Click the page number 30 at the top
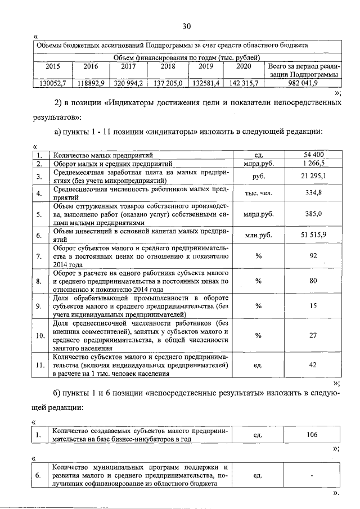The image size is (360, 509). [x=187, y=26]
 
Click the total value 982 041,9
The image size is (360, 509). [x=303, y=83]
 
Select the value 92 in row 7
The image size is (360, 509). [x=313, y=256]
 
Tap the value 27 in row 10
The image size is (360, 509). [x=313, y=335]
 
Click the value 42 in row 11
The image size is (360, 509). [x=313, y=365]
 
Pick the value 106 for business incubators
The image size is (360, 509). [x=313, y=435]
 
